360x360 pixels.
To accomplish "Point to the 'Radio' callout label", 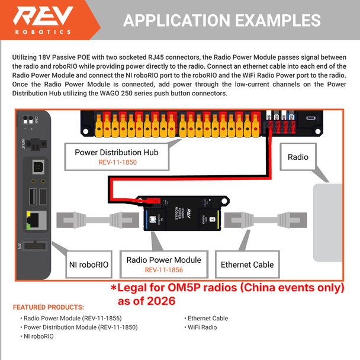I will click(298, 157).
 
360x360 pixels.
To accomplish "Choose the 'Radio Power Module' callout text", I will click(164, 259).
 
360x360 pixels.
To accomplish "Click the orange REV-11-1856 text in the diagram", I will click(164, 269).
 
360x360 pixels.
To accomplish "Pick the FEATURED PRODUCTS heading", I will click(48, 308).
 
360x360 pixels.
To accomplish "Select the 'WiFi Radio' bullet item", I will click(202, 327).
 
